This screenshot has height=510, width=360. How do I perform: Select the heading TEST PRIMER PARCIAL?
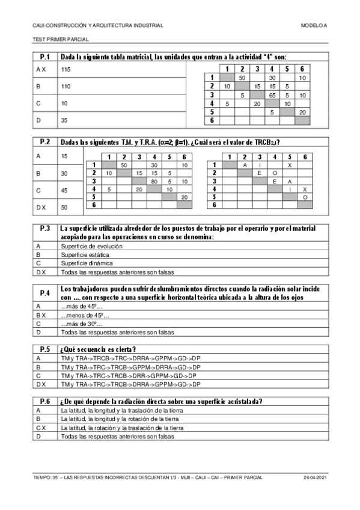tap(61, 39)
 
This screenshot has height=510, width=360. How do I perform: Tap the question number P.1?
tap(44, 57)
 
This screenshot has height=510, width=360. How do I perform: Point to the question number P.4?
tap(44, 293)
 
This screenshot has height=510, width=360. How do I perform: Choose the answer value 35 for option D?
tap(64, 120)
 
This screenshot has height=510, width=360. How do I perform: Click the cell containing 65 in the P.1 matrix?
tap(272, 95)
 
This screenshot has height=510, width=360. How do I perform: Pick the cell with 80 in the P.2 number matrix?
tap(154, 180)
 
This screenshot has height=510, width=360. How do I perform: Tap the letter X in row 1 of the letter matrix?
tap(290, 165)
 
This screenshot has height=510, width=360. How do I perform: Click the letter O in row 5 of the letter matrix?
tap(305, 197)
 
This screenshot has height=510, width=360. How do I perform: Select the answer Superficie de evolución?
tap(88, 246)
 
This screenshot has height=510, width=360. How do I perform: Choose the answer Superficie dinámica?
tap(85, 263)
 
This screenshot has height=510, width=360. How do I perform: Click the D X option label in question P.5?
tap(42, 384)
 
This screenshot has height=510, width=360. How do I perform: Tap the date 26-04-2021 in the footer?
tap(316, 477)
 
